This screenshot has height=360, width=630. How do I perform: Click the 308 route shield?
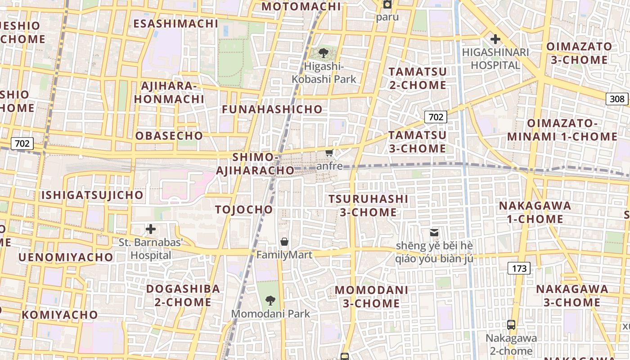pos(617,99)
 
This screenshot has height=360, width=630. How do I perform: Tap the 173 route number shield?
pos(519,269)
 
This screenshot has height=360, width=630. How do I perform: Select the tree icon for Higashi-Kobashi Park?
pos(323,54)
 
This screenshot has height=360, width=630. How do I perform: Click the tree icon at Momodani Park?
pos(270,300)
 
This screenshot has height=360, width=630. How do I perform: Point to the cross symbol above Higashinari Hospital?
pos(495,39)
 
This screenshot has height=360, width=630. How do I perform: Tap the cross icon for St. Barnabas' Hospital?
pos(151,229)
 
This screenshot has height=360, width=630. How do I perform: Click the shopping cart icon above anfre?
pos(329,153)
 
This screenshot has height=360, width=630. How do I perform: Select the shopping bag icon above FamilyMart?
pos(284,242)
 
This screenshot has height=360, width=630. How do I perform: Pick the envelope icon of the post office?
pos(434,233)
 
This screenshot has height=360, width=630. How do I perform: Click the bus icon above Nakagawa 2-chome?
pos(511,324)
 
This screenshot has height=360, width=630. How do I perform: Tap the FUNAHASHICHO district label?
pos(272,109)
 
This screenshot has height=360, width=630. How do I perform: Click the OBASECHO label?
pos(169,135)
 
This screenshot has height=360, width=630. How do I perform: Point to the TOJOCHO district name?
pos(244,209)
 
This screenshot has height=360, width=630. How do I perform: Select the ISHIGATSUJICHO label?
pos(92,195)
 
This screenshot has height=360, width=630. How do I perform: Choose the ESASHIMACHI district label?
pos(175,24)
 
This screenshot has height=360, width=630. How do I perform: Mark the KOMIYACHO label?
pos(59,315)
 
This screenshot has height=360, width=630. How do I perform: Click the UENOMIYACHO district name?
pos(66,257)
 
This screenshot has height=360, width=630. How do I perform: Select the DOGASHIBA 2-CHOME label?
pos(183,295)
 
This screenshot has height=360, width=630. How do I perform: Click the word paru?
pos(387,17)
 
